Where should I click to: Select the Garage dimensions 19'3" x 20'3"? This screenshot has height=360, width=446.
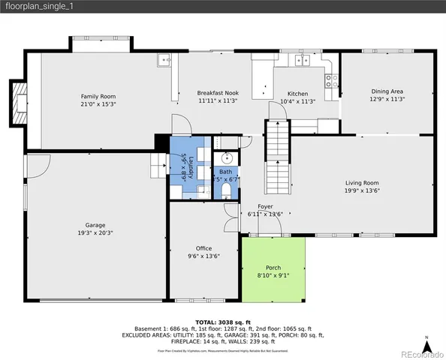click(x=95, y=232)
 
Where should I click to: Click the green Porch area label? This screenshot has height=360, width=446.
click(x=273, y=268)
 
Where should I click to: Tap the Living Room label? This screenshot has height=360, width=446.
click(x=362, y=183)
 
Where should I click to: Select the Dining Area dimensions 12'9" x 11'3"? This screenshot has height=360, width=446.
click(x=387, y=98)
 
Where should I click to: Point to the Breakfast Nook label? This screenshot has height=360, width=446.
click(x=218, y=94)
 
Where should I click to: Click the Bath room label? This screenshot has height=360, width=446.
click(x=226, y=172)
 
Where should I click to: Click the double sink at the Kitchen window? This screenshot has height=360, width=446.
click(x=303, y=61)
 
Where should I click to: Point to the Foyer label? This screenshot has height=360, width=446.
click(x=265, y=206)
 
